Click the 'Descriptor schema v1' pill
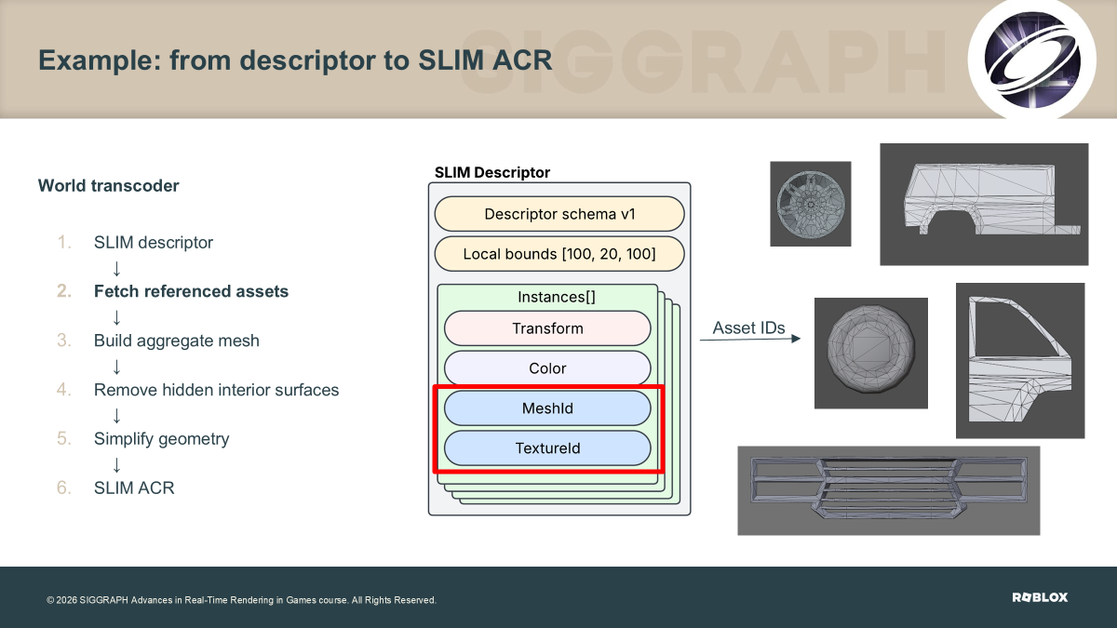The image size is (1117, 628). pos(559,214)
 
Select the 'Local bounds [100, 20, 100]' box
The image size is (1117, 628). pos(559,254)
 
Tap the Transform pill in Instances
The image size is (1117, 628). pos(547,328)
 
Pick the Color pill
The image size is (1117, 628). pos(547,368)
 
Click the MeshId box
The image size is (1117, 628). pos(547,408)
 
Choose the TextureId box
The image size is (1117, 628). pos(547,448)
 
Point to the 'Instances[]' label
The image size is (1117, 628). pos(557,297)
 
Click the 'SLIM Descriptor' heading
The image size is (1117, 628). pos(492,172)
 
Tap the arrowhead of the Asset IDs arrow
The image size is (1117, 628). pos(796,339)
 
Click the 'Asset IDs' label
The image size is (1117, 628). pos(748,327)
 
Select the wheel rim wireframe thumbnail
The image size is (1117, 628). pos(811,204)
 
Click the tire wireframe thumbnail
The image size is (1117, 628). pos(871,354)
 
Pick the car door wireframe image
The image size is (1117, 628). pos(1020,361)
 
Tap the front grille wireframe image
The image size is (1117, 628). pos(889,490)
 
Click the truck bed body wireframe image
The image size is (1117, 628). pos(984,205)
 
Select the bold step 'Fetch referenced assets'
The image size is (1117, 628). pos(191,291)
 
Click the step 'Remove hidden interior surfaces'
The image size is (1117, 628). pos(216,390)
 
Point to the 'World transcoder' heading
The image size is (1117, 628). pos(108,185)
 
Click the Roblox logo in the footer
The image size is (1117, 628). pos(1040,597)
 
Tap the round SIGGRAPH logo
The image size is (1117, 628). pos(1031,60)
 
